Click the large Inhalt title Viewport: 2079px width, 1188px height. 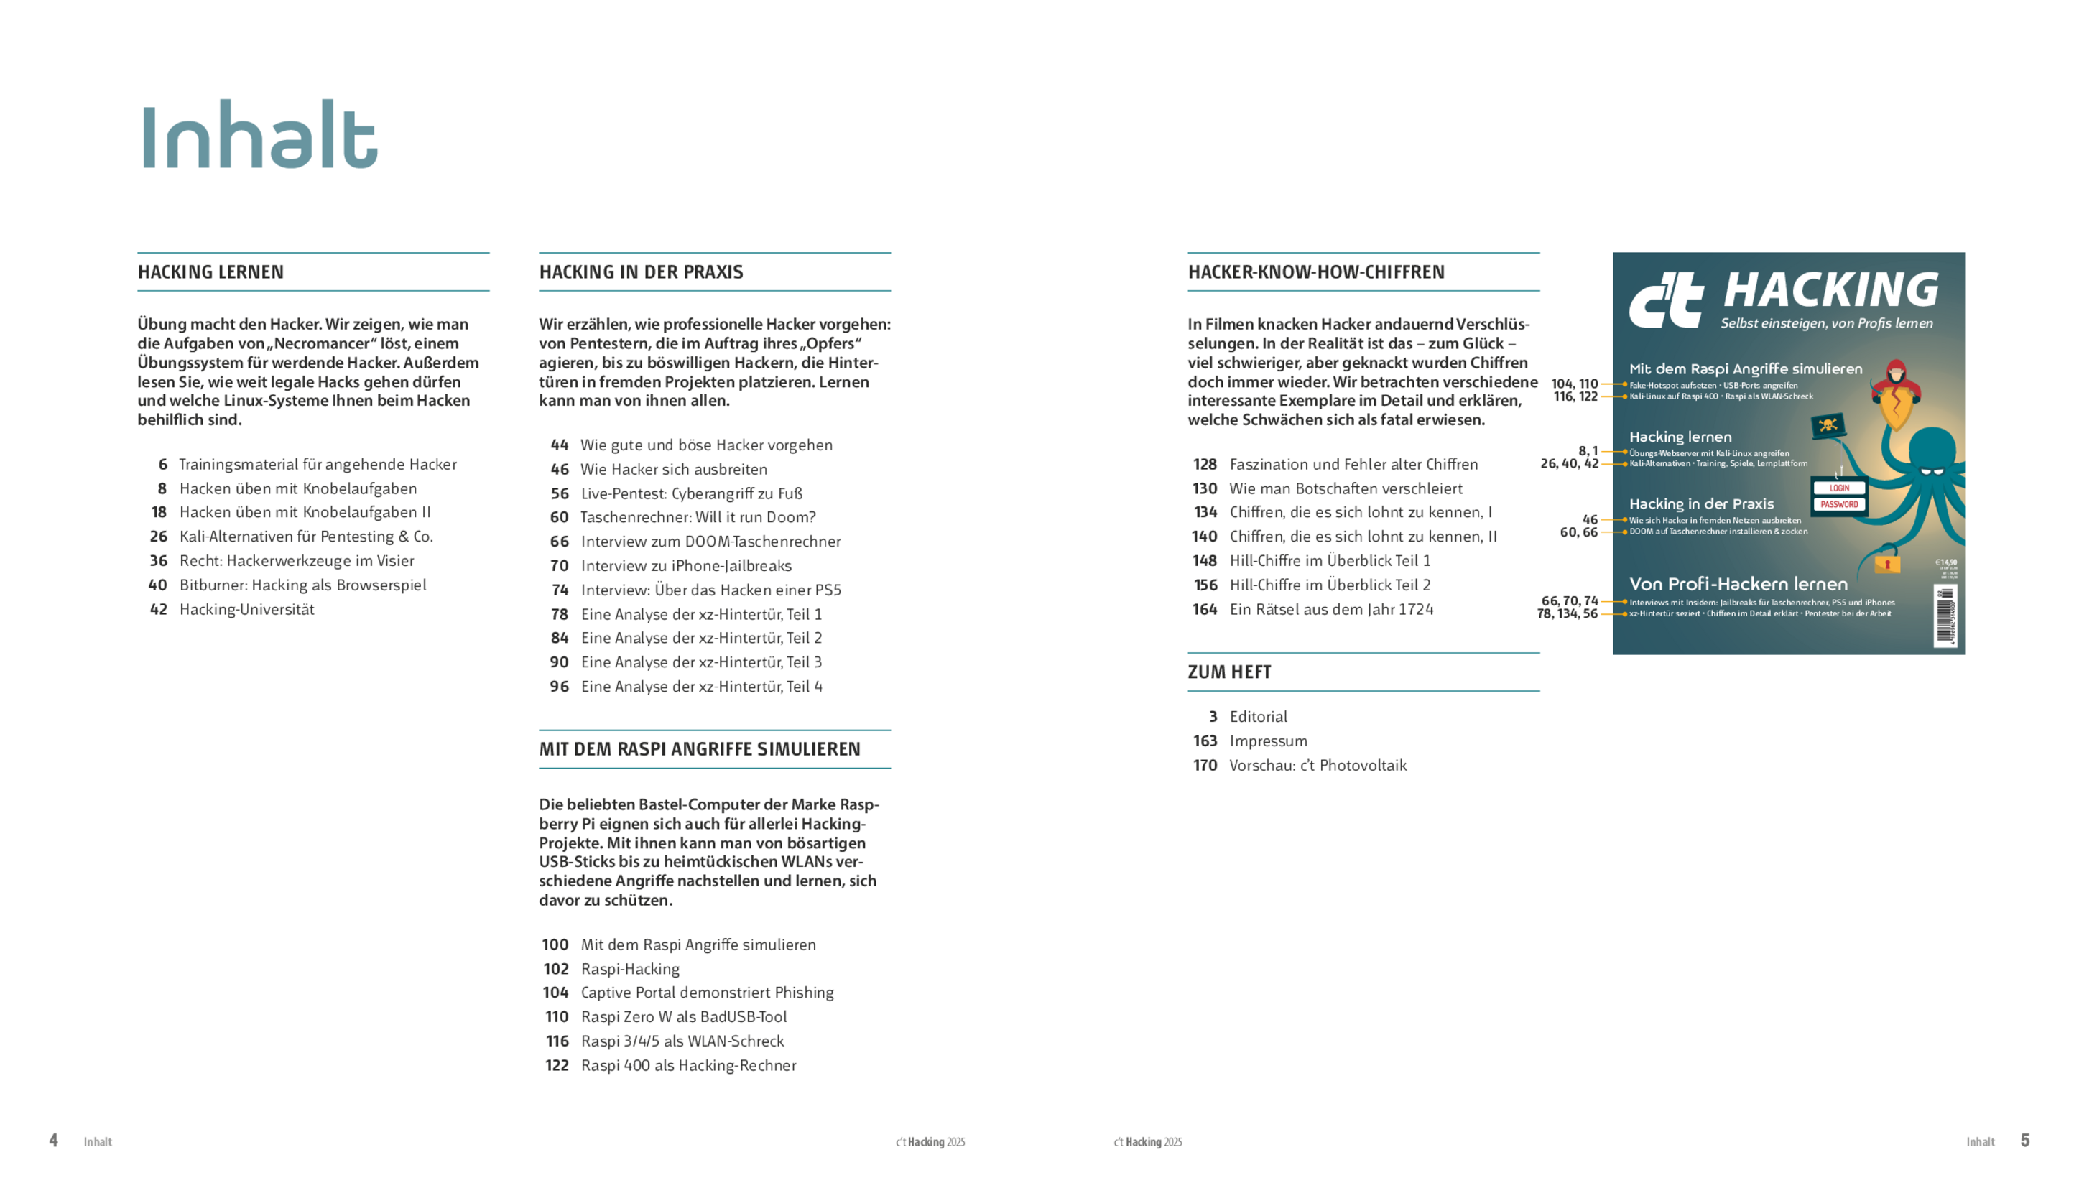(259, 136)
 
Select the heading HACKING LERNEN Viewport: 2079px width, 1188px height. (210, 272)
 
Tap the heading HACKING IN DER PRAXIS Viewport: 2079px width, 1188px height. (641, 272)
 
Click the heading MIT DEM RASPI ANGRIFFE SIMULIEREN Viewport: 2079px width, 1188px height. (699, 749)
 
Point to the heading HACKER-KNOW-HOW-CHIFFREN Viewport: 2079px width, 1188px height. (1315, 272)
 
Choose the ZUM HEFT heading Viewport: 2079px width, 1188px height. (1229, 672)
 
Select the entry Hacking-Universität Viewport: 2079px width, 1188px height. (246, 610)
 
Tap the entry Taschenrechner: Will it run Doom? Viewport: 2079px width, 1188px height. (698, 517)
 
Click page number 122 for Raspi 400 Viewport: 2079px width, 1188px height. (557, 1066)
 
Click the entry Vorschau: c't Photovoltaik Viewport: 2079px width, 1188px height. (1318, 766)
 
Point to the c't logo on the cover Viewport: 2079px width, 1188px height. (1665, 300)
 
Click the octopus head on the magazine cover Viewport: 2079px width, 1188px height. (1932, 457)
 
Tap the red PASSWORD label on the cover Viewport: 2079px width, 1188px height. (1839, 505)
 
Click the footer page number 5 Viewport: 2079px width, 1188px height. (2025, 1141)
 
